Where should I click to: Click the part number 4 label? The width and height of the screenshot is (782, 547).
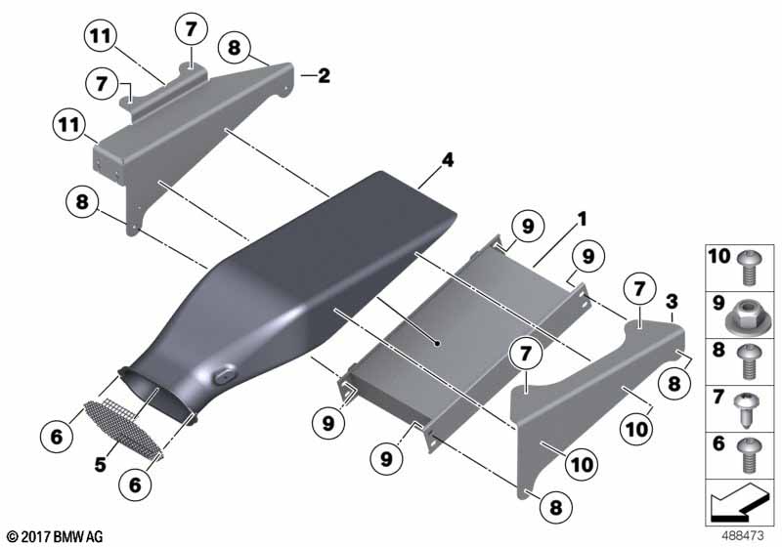448,160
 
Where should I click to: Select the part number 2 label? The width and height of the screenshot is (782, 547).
325,76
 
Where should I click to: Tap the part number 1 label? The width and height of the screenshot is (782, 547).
582,219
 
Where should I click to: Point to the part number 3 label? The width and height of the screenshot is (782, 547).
673,302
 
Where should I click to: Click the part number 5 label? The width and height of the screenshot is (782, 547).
101,465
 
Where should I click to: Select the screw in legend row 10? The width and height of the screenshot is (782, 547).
747,267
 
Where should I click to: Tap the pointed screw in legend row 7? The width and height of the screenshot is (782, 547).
747,409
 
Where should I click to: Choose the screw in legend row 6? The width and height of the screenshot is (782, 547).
747,455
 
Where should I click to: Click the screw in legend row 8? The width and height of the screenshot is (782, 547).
747,361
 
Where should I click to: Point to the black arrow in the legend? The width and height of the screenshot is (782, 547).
740,502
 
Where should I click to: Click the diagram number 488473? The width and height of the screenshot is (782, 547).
743,536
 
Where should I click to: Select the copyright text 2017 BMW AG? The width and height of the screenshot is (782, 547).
56,537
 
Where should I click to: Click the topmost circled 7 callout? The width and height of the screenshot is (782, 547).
192,30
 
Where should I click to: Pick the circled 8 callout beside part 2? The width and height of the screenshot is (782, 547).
235,48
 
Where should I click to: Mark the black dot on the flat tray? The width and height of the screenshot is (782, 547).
437,343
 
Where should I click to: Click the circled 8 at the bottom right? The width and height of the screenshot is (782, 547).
555,508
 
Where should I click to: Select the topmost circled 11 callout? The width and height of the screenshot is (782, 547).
101,36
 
